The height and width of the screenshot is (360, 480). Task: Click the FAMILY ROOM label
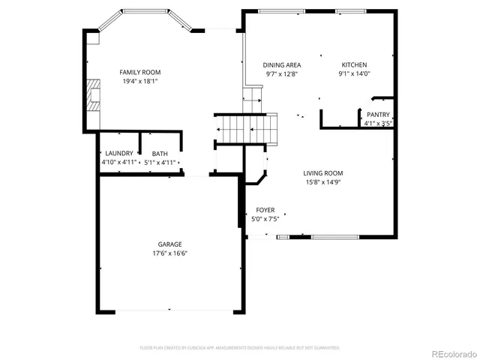140,72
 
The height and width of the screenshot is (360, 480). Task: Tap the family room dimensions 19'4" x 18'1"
140,82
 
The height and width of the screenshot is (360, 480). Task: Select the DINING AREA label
282,64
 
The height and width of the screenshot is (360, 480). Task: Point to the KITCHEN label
355,64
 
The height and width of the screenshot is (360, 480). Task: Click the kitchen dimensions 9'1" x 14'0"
355,74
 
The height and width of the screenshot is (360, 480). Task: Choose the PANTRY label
378,115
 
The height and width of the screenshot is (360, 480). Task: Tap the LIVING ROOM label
323,172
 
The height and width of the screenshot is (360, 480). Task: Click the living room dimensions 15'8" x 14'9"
323,182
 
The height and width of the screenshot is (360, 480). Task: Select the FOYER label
265,210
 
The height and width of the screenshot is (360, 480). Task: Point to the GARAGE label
169,244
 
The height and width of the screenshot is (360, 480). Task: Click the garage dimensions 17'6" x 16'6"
169,253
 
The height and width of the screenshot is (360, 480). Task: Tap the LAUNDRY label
118,152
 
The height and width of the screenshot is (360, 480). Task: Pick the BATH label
160,152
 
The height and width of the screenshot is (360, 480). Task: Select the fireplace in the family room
91,94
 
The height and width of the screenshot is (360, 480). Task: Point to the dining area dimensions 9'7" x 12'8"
282,74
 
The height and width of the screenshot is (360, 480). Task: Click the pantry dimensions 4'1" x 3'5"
378,124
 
